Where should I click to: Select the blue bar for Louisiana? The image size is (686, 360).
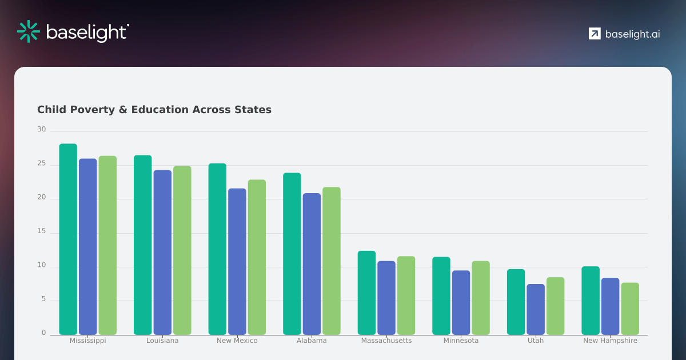coord(162,252)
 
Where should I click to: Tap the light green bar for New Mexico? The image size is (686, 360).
coord(257,257)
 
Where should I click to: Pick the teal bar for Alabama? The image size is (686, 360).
coord(292,254)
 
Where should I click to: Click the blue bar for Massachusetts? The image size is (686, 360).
coord(386,298)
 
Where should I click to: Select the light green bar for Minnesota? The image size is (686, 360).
coord(481,298)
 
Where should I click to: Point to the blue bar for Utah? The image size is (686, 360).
coord(536,309)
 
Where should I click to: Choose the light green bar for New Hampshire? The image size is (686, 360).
coord(630,309)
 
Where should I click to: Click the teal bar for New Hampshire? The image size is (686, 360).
coord(591,301)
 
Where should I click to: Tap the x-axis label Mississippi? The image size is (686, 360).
coord(88,341)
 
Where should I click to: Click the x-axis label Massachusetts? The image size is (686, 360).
coord(386,341)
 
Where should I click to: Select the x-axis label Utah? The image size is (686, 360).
coord(536,341)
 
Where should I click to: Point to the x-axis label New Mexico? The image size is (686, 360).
coord(237,341)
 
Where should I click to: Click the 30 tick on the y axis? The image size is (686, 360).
coord(42,130)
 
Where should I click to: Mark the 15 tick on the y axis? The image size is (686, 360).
coord(42,231)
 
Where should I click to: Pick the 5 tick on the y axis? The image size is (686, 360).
coord(43,299)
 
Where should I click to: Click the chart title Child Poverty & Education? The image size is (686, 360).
coord(154,110)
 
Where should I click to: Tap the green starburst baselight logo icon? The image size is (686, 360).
coord(27,31)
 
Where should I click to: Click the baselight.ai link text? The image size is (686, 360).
coord(632,34)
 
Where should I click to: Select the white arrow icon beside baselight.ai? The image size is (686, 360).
coord(595,34)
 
